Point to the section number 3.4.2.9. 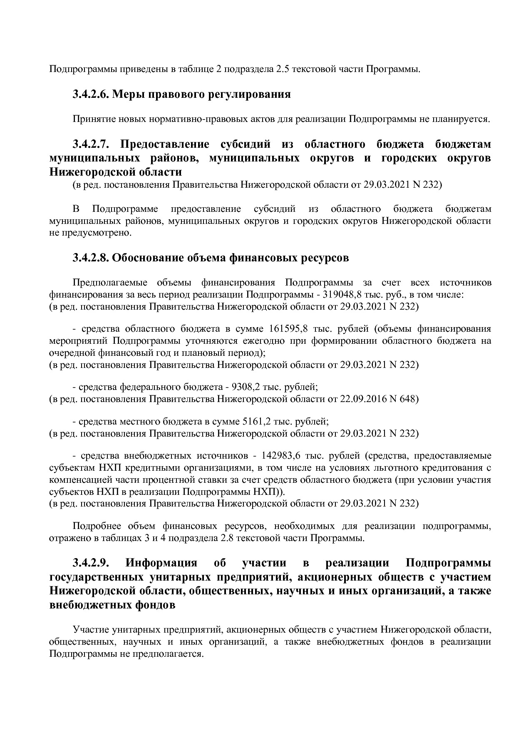(91, 563)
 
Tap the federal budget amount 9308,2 (246, 387)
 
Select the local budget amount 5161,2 (256, 421)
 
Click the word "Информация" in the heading (161, 563)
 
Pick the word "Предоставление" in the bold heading (164, 144)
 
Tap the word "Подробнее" (94, 526)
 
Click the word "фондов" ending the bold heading (154, 605)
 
